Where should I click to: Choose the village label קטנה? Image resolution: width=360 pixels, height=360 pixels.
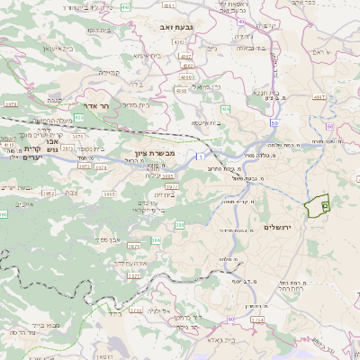(x=53, y=101)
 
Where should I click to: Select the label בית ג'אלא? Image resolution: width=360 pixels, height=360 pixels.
(x=220, y=339)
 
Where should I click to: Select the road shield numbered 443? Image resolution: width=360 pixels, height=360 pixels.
(x=125, y=7)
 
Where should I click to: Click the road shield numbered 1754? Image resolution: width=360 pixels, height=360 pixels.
(x=256, y=319)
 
